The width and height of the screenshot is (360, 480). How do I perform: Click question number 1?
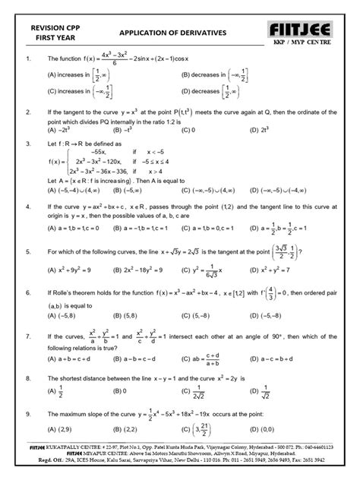28,58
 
